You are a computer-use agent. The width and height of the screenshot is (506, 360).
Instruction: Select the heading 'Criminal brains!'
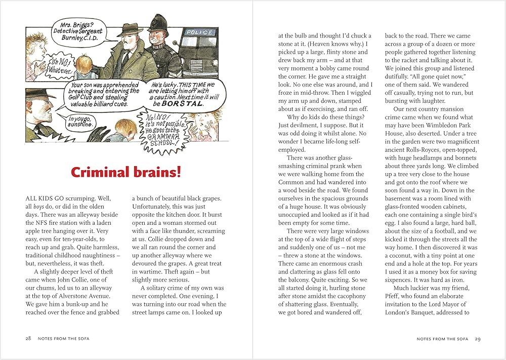tap(126, 172)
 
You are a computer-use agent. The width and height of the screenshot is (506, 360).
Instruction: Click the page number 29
tap(478, 338)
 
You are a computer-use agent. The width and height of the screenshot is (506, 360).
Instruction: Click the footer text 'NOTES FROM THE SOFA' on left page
tap(63, 338)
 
